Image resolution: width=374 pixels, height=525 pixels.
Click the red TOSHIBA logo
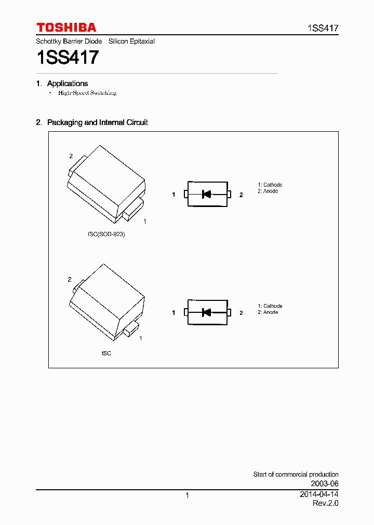(x=66, y=27)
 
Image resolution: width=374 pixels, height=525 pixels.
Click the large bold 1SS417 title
(x=67, y=57)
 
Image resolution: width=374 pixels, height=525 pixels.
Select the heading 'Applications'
(x=68, y=84)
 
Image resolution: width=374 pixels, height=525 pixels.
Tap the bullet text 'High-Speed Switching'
(x=87, y=93)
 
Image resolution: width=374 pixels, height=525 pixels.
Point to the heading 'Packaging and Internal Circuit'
(x=98, y=122)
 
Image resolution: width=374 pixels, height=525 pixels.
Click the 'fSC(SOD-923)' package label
(x=106, y=234)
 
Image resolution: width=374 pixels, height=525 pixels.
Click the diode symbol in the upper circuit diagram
(x=206, y=195)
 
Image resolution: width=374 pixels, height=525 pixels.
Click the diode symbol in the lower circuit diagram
(x=206, y=312)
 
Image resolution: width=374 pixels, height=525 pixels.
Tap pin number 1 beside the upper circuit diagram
(x=174, y=195)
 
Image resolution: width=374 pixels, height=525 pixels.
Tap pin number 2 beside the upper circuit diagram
(x=241, y=195)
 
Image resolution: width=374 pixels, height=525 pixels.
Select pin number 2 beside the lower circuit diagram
(x=241, y=313)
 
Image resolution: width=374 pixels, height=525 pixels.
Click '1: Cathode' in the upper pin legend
(x=270, y=185)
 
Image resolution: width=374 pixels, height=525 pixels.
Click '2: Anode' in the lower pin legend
(x=268, y=312)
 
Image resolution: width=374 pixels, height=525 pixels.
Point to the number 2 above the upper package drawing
(x=71, y=156)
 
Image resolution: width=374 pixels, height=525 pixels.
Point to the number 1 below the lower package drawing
(x=141, y=338)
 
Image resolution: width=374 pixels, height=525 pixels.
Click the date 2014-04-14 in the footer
(x=319, y=494)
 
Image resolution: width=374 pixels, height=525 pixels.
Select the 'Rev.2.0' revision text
(x=325, y=503)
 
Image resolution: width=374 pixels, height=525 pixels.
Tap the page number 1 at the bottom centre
(x=187, y=495)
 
